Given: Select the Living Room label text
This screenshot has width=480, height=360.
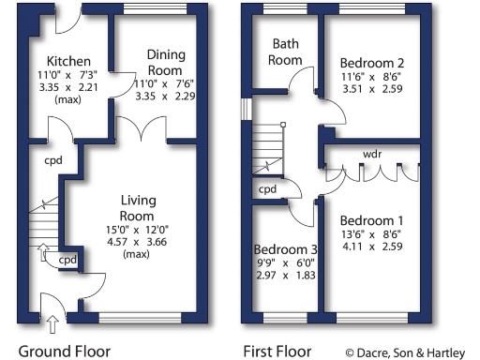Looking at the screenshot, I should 138,208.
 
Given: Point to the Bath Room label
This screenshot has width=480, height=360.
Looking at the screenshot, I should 285,52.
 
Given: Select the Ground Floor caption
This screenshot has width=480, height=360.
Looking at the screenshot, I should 65,352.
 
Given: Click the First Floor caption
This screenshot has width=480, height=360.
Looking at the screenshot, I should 277,352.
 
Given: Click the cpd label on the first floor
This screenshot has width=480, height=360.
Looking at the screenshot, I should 268,189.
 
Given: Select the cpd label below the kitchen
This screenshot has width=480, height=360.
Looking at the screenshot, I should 52,159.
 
